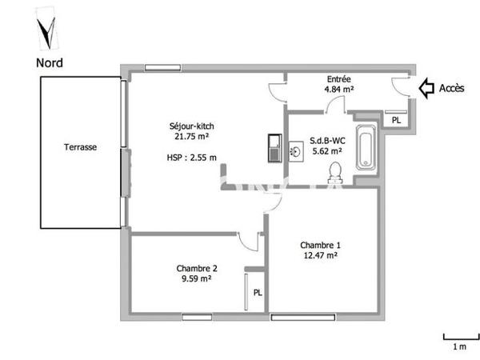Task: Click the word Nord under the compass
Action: (x=50, y=62)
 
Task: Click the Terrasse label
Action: (x=81, y=148)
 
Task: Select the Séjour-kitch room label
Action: (x=191, y=126)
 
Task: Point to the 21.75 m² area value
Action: (x=191, y=137)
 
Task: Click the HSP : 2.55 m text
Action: (x=191, y=158)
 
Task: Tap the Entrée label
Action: (x=339, y=78)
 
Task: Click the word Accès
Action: (x=452, y=88)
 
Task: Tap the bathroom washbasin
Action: (x=295, y=150)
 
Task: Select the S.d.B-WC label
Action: (x=326, y=138)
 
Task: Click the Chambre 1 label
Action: (x=320, y=246)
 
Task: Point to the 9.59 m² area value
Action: (x=194, y=279)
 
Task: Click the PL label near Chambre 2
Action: (x=258, y=293)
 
